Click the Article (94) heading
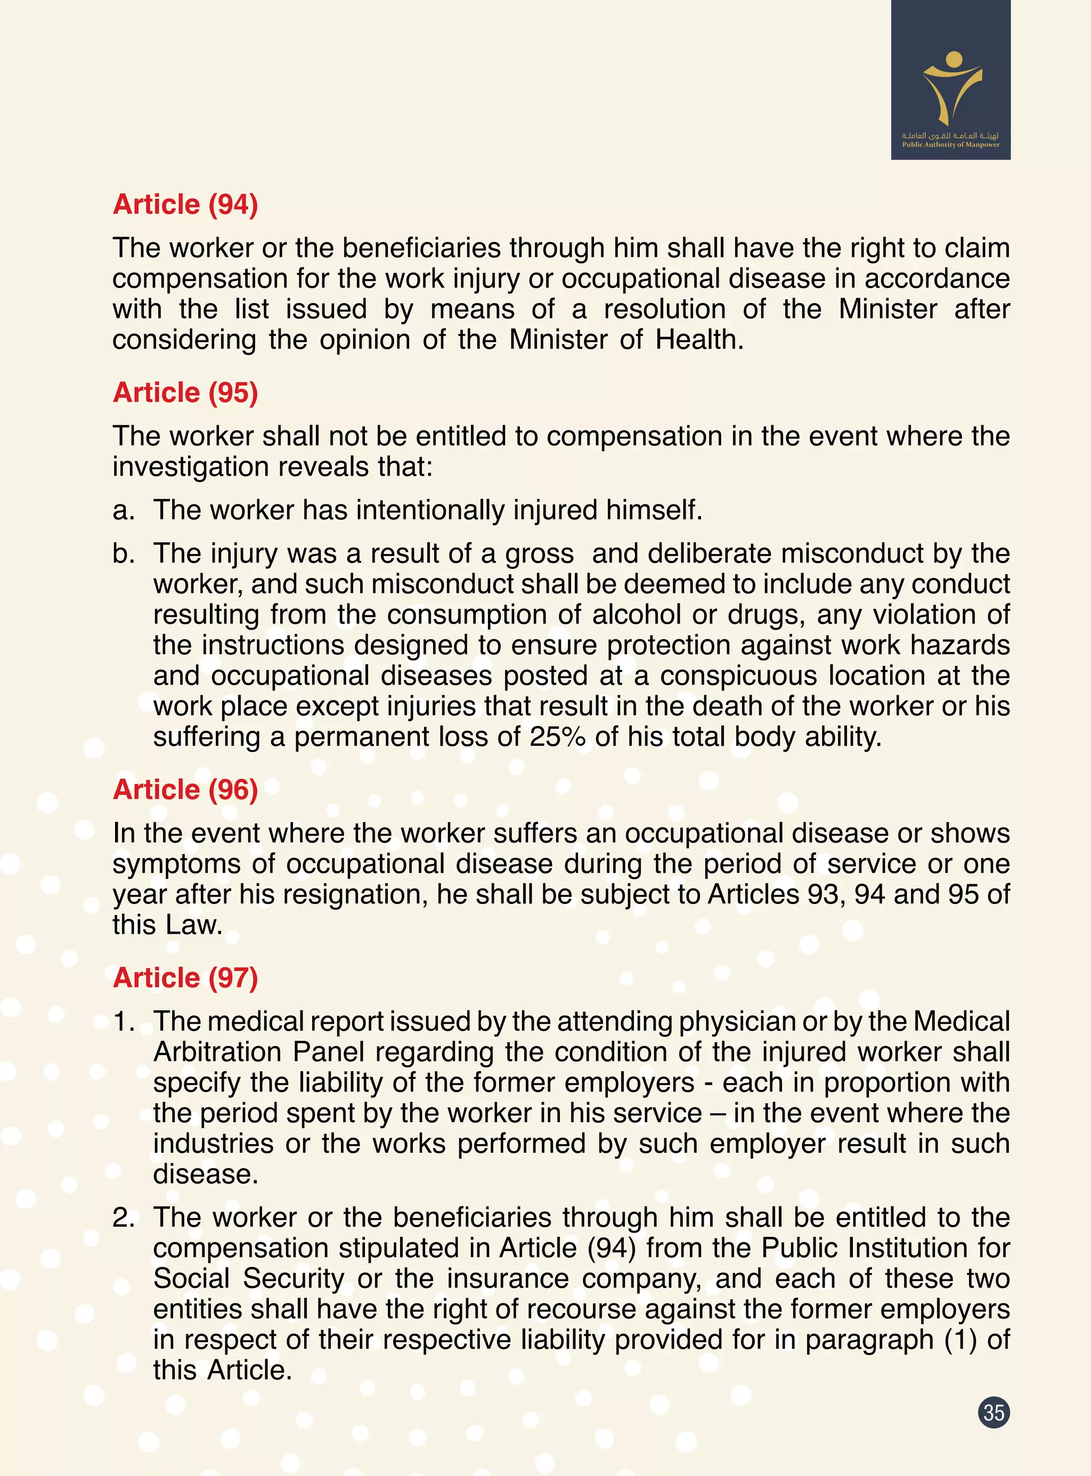pos(185,204)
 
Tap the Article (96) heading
pos(185,789)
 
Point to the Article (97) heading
pos(185,977)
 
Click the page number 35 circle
pos(994,1413)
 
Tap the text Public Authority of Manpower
pos(951,145)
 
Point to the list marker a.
pos(124,510)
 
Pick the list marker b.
pos(124,553)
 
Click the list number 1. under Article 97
pos(124,1022)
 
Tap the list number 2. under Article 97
pos(124,1217)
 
